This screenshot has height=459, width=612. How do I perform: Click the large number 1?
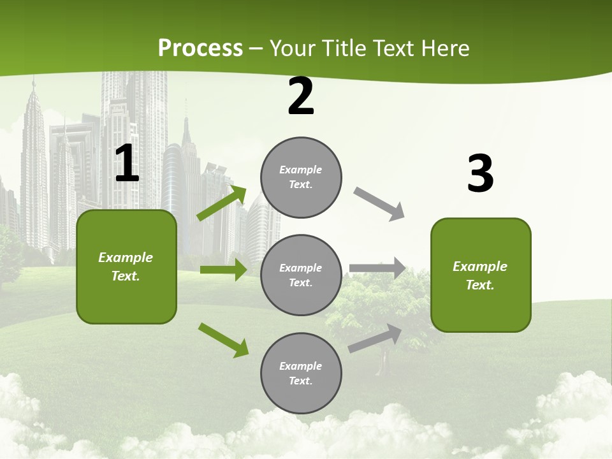[127, 164]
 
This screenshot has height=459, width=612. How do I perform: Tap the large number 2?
[301, 96]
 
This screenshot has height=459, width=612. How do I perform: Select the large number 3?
[481, 174]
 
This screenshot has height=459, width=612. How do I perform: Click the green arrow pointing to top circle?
[222, 203]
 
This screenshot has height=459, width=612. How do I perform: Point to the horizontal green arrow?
[223, 270]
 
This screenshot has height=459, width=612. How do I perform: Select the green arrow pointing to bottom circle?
[223, 339]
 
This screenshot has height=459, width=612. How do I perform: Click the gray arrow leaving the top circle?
[379, 204]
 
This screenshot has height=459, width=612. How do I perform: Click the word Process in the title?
[200, 48]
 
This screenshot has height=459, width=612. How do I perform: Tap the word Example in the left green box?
[126, 258]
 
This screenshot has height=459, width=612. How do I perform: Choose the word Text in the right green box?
[479, 285]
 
